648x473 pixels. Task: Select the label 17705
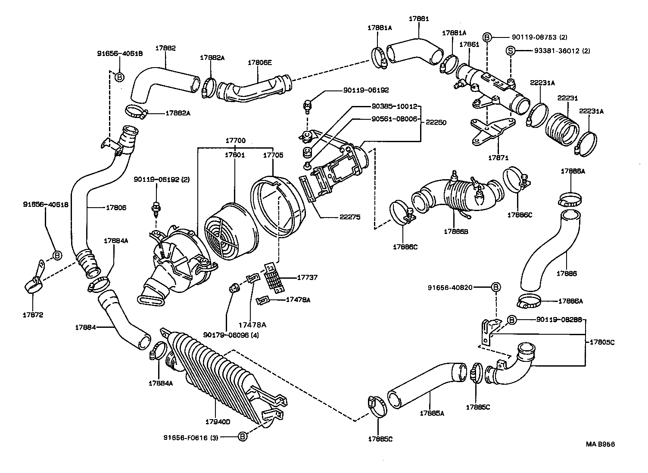[x=273, y=155]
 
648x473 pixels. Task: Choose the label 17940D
[x=218, y=422]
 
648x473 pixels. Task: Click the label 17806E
[x=260, y=62]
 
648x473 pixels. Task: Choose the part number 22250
[x=436, y=122]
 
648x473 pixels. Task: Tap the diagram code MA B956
[x=600, y=444]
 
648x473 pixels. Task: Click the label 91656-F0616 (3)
[x=190, y=437]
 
